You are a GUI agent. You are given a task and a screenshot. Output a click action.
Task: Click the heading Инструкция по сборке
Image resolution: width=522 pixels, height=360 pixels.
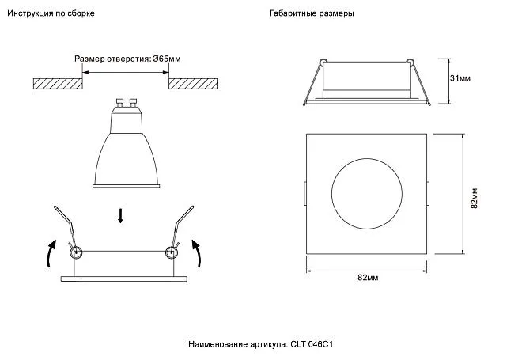(51, 13)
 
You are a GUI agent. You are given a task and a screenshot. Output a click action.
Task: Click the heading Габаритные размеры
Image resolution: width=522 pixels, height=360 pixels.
(312, 13)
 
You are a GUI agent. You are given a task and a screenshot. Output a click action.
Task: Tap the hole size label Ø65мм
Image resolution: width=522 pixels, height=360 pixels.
(166, 59)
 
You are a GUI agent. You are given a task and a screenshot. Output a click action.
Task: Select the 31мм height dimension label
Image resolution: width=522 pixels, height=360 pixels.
(460, 78)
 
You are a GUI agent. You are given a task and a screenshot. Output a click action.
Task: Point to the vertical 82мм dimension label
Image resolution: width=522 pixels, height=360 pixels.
(475, 198)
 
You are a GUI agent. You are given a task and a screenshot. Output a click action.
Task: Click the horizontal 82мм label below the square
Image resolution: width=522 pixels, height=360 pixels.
(368, 278)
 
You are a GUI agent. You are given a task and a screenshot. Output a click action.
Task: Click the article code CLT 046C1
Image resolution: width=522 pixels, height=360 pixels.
(312, 344)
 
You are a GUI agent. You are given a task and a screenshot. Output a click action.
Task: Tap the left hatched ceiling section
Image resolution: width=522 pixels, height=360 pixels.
(58, 84)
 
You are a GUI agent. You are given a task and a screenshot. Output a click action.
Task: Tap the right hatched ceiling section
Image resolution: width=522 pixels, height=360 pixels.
(194, 84)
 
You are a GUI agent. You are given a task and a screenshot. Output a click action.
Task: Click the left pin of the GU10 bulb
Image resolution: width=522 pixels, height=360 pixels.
(119, 102)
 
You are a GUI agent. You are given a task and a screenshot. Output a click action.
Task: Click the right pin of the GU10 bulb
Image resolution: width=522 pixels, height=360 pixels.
(133, 102)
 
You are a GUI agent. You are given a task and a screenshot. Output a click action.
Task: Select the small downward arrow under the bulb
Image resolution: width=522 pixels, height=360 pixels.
(120, 216)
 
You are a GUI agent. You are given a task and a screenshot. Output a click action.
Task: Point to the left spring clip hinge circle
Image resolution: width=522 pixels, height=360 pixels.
(76, 252)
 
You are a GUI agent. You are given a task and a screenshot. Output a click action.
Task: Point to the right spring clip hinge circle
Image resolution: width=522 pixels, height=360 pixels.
(172, 252)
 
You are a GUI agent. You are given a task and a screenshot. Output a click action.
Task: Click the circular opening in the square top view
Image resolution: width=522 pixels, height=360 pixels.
(366, 159)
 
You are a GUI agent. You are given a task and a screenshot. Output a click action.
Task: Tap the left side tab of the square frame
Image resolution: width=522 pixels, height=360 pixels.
(305, 194)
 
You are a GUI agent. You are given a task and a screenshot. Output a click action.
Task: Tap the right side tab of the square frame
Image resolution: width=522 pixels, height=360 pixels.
(428, 194)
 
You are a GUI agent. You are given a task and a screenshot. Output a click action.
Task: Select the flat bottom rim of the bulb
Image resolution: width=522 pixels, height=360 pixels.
(126, 186)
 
